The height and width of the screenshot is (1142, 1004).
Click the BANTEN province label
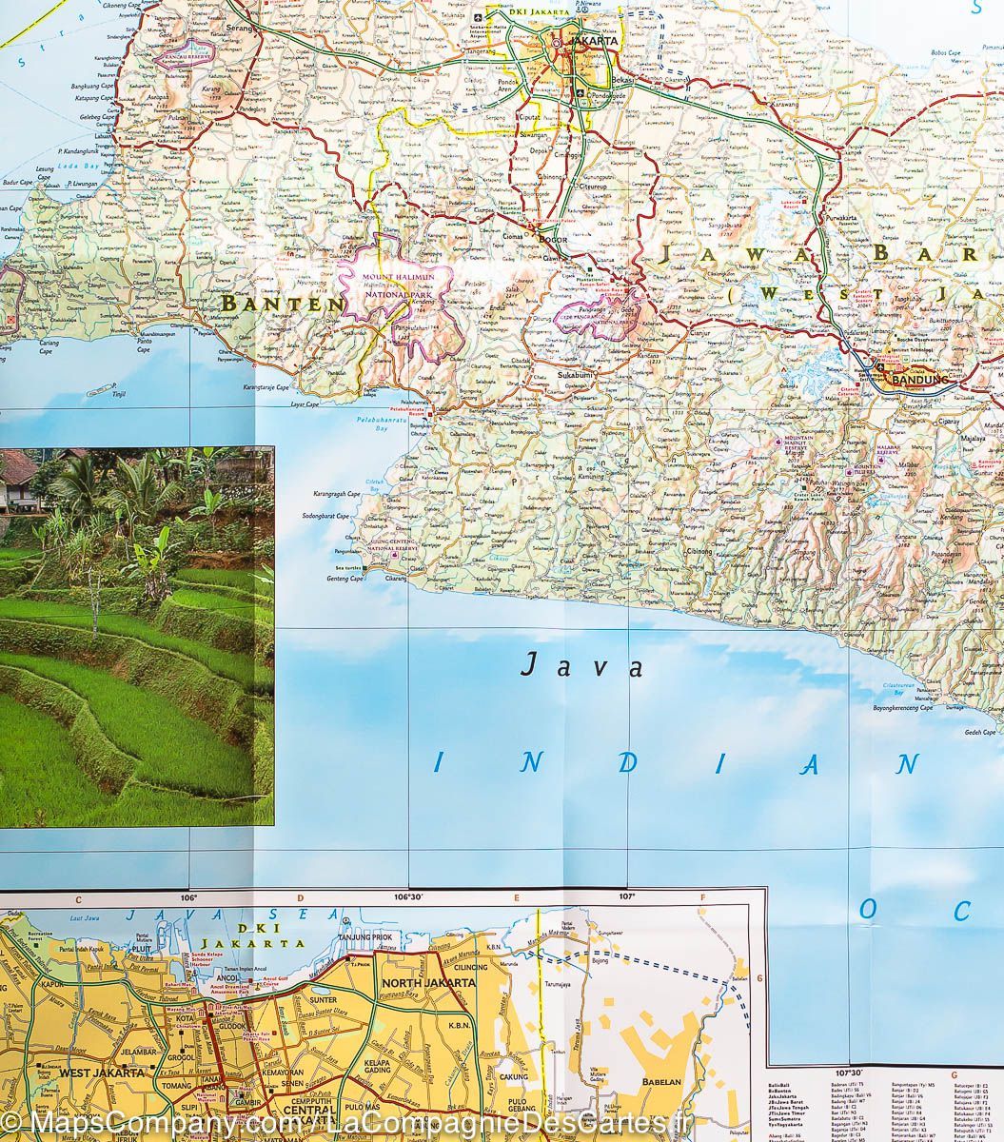click(284, 305)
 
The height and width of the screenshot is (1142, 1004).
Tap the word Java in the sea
click(581, 665)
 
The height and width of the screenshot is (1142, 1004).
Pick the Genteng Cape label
click(344, 579)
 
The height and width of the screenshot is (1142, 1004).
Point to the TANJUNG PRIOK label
click(365, 937)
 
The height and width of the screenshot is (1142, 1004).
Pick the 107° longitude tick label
click(626, 896)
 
